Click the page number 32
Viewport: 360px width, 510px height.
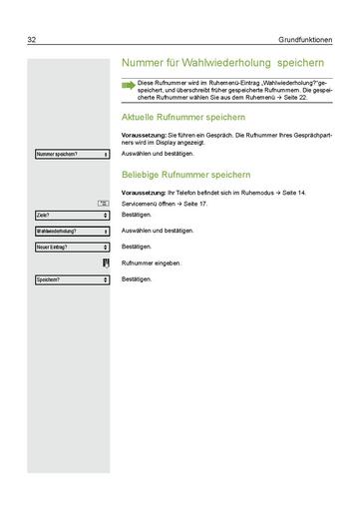click(33, 40)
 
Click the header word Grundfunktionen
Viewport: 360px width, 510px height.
click(300, 40)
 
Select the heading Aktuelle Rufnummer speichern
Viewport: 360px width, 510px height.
click(183, 117)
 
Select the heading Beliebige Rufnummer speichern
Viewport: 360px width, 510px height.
click(184, 173)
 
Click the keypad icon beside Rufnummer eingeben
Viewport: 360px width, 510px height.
click(105, 262)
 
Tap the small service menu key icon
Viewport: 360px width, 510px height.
click(103, 204)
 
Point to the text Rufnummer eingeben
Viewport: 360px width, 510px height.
click(151, 262)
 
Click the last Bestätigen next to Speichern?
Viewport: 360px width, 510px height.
click(137, 278)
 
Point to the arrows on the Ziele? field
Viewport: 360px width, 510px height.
click(105, 215)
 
